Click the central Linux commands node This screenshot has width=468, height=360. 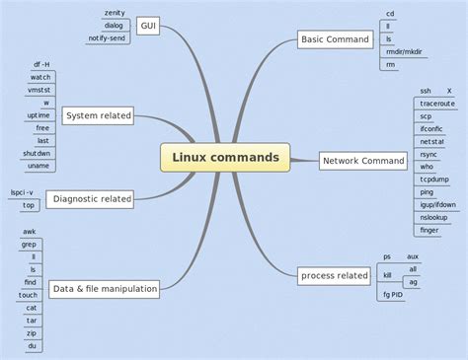click(225, 157)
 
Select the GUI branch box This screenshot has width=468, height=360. click(147, 26)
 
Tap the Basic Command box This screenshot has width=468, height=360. click(335, 40)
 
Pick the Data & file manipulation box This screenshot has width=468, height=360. click(104, 289)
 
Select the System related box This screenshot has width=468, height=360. click(98, 116)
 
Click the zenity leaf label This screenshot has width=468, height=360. click(114, 13)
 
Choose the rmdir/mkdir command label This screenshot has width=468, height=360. click(404, 52)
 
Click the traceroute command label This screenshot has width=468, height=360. click(437, 103)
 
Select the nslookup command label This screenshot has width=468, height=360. click(434, 216)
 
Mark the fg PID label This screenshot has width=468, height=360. click(394, 294)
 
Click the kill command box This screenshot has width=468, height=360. click(388, 275)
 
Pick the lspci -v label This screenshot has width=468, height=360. click(22, 192)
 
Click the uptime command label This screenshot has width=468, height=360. click(39, 114)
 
